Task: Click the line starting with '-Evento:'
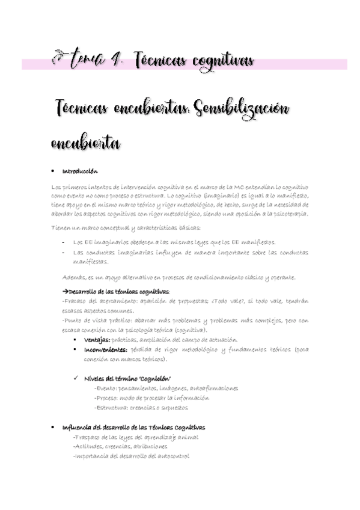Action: [x=165, y=388]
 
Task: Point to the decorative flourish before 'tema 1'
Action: [x=59, y=60]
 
